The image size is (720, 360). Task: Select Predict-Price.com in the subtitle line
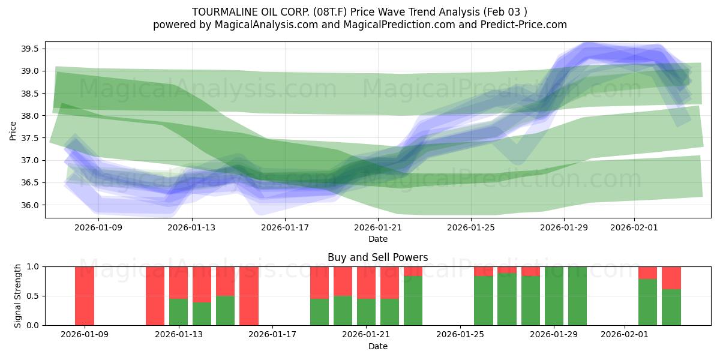(524, 25)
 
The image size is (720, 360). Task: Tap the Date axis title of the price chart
(378, 239)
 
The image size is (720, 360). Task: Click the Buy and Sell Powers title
(378, 257)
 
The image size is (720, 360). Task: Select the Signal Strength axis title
(18, 296)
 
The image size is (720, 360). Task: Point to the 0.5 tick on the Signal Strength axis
(32, 296)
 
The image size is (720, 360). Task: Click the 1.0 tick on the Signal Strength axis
(32, 266)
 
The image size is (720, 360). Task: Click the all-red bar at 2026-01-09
(85, 296)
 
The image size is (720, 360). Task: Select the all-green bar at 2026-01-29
(554, 296)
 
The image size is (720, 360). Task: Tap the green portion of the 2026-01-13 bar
(178, 312)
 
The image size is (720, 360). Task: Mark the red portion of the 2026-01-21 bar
(367, 282)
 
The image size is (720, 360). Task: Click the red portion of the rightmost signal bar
(671, 277)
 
